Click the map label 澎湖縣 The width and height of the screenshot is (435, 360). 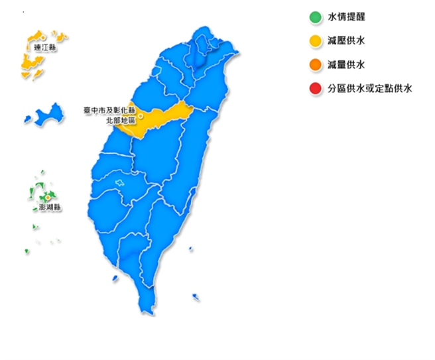[49, 208]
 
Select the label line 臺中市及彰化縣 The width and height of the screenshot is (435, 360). [109, 109]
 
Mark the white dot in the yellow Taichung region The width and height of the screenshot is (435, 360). [141, 116]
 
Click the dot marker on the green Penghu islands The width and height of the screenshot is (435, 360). [48, 198]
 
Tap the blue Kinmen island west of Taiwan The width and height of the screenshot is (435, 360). [45, 114]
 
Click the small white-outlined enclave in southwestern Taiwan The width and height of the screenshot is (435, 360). [120, 182]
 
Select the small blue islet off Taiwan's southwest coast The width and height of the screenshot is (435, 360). [115, 277]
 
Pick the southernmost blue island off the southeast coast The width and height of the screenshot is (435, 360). [196, 297]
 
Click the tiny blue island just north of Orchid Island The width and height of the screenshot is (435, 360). [191, 249]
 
